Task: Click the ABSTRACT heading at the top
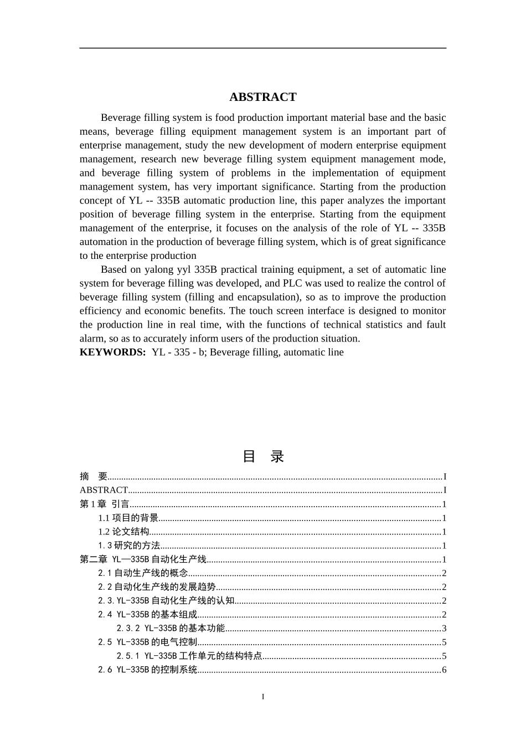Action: click(x=262, y=97)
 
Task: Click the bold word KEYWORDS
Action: click(x=112, y=353)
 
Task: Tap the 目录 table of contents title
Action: click(x=263, y=457)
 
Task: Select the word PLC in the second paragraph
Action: click(x=295, y=283)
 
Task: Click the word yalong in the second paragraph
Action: click(x=161, y=269)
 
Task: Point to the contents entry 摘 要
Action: click(x=94, y=476)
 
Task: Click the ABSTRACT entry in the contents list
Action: click(x=104, y=490)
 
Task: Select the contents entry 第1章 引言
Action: click(x=105, y=504)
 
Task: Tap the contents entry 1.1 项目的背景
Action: click(x=128, y=518)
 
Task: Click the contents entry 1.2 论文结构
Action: click(x=123, y=532)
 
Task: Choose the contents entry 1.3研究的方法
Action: click(x=129, y=545)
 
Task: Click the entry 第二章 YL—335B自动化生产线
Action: click(x=143, y=559)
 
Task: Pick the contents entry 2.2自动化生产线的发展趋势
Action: click(x=157, y=587)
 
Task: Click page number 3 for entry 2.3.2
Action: click(x=444, y=629)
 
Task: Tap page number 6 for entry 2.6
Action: click(x=444, y=670)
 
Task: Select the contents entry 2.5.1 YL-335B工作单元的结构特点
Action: click(x=189, y=656)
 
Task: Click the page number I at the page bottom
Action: click(x=263, y=697)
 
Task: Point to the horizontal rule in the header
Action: click(x=262, y=48)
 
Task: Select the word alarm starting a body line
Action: click(x=91, y=339)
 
